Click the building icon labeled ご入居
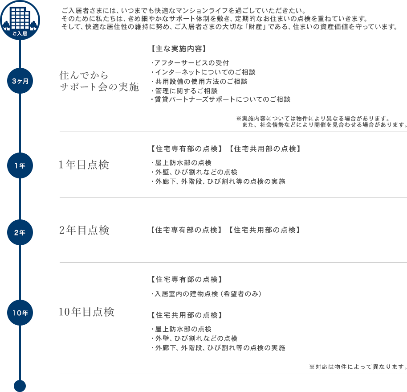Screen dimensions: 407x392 20,20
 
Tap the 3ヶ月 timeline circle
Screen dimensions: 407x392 20,81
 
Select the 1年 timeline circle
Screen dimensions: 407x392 20,165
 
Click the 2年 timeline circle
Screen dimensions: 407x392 20,232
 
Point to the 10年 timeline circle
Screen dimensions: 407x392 20,313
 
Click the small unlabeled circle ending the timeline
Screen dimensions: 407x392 20,386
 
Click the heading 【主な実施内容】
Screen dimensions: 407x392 179,49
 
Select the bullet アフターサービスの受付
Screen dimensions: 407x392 190,63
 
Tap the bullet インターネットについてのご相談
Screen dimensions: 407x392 203,72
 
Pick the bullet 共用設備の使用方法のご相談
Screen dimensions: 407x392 199,82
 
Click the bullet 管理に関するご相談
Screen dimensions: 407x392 184,91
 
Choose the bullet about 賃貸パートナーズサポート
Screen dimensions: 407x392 220,99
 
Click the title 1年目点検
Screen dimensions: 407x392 84,165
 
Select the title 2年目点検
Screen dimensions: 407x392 84,230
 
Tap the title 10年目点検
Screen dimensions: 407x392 86,312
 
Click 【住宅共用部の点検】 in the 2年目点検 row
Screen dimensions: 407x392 265,230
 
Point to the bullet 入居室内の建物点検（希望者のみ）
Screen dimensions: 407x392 206,294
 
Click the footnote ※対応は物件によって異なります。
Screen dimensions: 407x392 358,367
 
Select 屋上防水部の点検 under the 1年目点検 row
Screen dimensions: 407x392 181,163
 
